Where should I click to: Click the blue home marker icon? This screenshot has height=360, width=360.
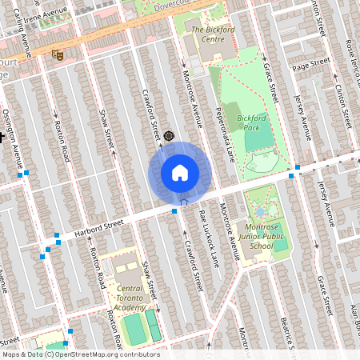click(x=180, y=172)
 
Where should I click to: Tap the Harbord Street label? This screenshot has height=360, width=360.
click(x=100, y=227)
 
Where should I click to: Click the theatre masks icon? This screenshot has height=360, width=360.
click(x=56, y=55)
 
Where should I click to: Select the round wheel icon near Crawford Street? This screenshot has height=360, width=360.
click(x=169, y=136)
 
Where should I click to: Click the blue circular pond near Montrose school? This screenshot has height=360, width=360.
click(x=260, y=213)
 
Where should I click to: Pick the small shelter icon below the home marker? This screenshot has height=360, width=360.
click(x=184, y=202)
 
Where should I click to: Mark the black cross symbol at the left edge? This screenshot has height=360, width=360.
click(x=2, y=137)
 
